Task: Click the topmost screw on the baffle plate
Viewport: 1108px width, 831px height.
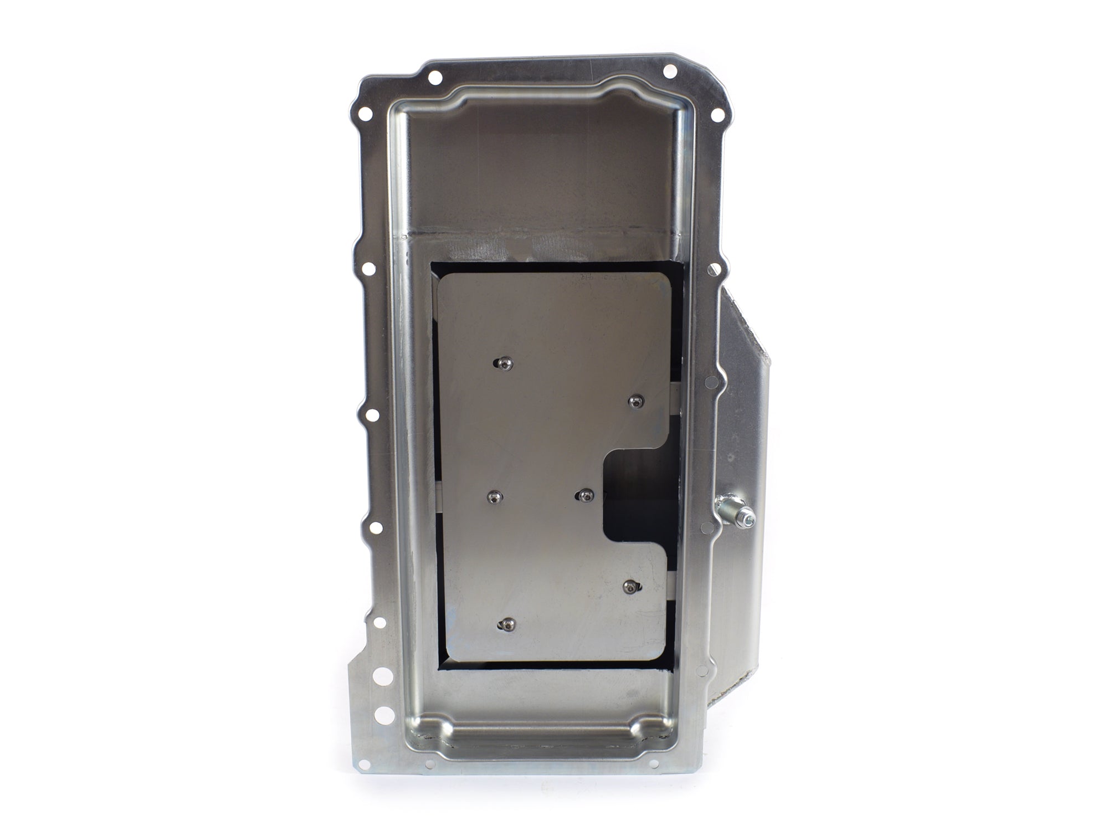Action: (504, 363)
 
